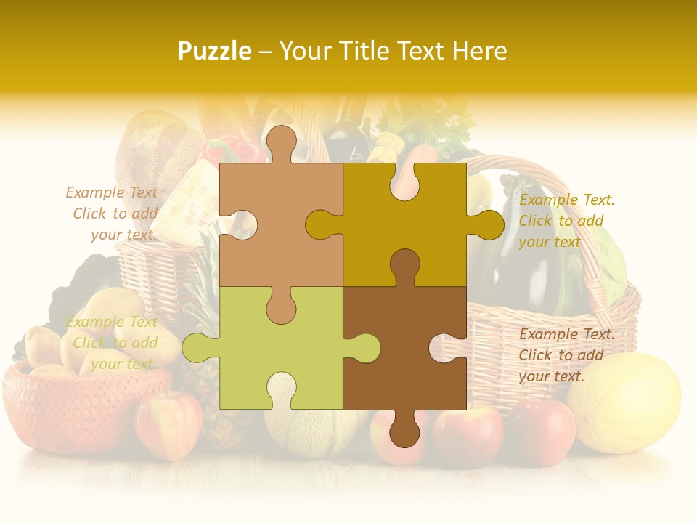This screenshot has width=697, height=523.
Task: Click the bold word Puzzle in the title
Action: [x=215, y=51]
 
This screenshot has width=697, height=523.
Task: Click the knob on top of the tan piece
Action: [x=282, y=142]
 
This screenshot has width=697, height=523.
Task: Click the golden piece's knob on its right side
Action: [x=489, y=224]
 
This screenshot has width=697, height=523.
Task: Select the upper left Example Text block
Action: [x=113, y=214]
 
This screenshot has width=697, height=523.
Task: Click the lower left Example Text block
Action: [x=113, y=343]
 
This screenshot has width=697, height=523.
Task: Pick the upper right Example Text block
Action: [x=566, y=221]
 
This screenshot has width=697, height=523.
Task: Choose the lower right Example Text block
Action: [x=566, y=355]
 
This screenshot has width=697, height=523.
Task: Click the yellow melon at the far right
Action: [x=624, y=403]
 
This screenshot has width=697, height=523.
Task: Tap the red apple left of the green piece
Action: [x=168, y=425]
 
